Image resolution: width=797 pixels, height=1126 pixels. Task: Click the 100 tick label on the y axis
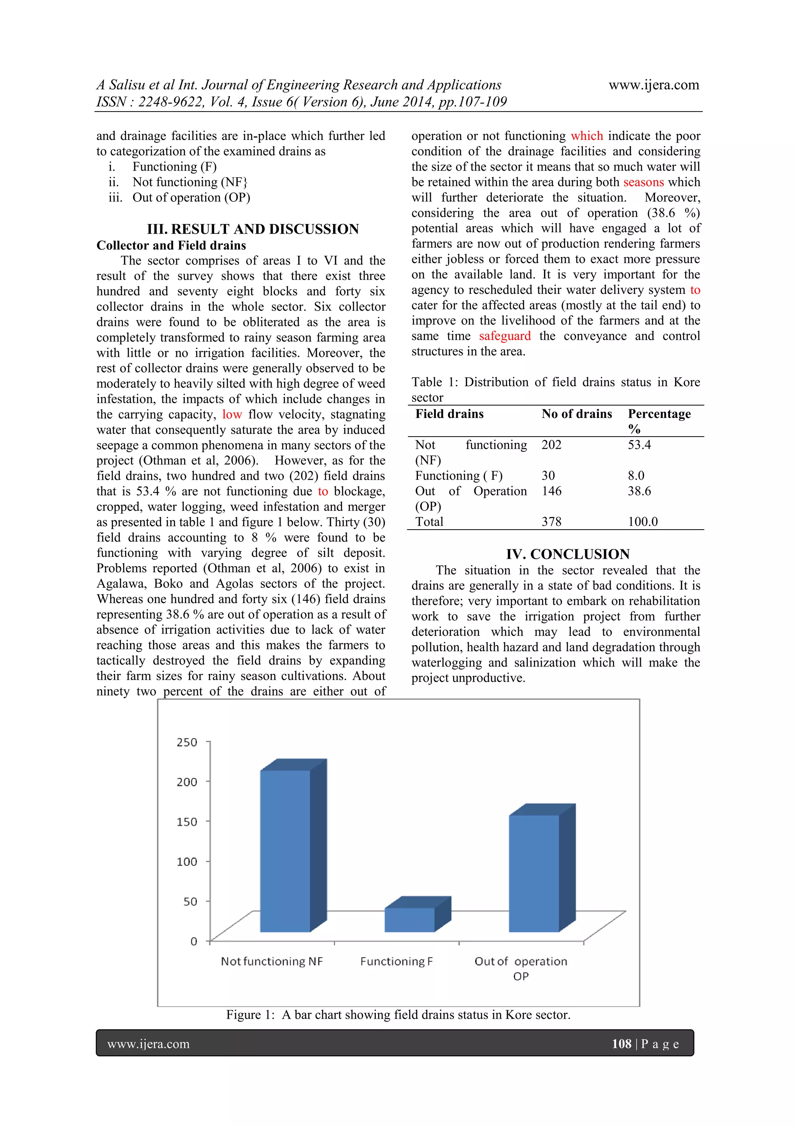[187, 862]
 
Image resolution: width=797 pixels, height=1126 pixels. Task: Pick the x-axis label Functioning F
[397, 961]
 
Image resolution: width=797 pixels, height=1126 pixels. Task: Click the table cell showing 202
[551, 445]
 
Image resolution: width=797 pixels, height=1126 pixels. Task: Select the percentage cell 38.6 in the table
[639, 491]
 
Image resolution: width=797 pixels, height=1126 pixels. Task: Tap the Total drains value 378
[551, 522]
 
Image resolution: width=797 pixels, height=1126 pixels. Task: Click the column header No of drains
[577, 414]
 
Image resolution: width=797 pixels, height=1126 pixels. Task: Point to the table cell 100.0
[643, 522]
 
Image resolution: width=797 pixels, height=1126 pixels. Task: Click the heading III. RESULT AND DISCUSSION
[253, 229]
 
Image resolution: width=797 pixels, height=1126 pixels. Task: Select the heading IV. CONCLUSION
[568, 554]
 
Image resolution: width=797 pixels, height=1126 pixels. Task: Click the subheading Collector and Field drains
[171, 245]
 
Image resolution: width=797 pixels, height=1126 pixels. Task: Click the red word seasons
[643, 182]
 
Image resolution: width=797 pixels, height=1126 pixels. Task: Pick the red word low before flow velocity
[232, 414]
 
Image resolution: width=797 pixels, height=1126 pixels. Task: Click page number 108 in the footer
[621, 1044]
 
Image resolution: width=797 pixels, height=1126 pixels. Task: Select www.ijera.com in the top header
[654, 85]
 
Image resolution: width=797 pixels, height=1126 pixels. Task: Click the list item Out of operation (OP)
[191, 198]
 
